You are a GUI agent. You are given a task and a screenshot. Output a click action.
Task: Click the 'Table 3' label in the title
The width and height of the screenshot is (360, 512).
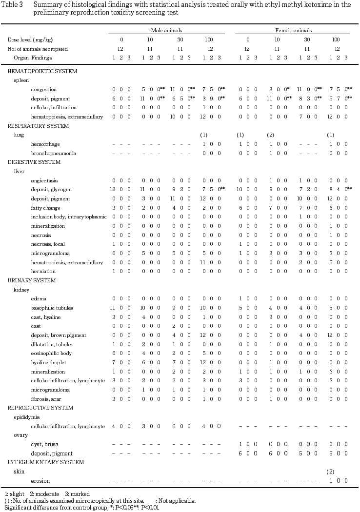click(x=14, y=4)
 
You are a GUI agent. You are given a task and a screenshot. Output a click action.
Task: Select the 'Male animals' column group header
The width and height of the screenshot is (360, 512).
click(x=166, y=30)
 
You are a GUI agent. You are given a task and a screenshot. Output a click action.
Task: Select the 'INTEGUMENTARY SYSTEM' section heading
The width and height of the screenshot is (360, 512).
click(x=39, y=462)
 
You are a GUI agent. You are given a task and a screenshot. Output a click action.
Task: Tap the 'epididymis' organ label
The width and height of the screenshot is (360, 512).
click(x=26, y=417)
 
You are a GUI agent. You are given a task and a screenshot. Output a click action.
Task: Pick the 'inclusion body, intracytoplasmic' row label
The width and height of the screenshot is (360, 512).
click(x=68, y=217)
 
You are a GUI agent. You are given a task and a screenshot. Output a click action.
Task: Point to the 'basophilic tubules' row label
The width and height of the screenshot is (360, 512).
click(x=52, y=308)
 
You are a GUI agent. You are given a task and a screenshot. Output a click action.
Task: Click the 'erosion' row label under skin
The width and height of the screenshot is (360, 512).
click(x=39, y=481)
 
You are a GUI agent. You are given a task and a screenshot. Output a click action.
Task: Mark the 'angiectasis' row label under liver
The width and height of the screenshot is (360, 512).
click(x=44, y=180)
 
